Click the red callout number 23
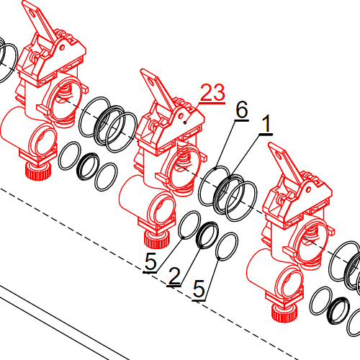pyautogui.click(x=212, y=92)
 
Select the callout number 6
pyautogui.click(x=242, y=109)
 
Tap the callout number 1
pyautogui.click(x=266, y=124)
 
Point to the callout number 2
pyautogui.click(x=174, y=276)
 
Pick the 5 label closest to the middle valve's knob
pyautogui.click(x=150, y=261)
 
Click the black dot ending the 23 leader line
pyautogui.click(x=185, y=122)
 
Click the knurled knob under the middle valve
pyautogui.click(x=157, y=240)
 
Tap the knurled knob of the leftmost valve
pyautogui.click(x=38, y=171)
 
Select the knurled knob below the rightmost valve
pyautogui.click(x=284, y=313)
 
